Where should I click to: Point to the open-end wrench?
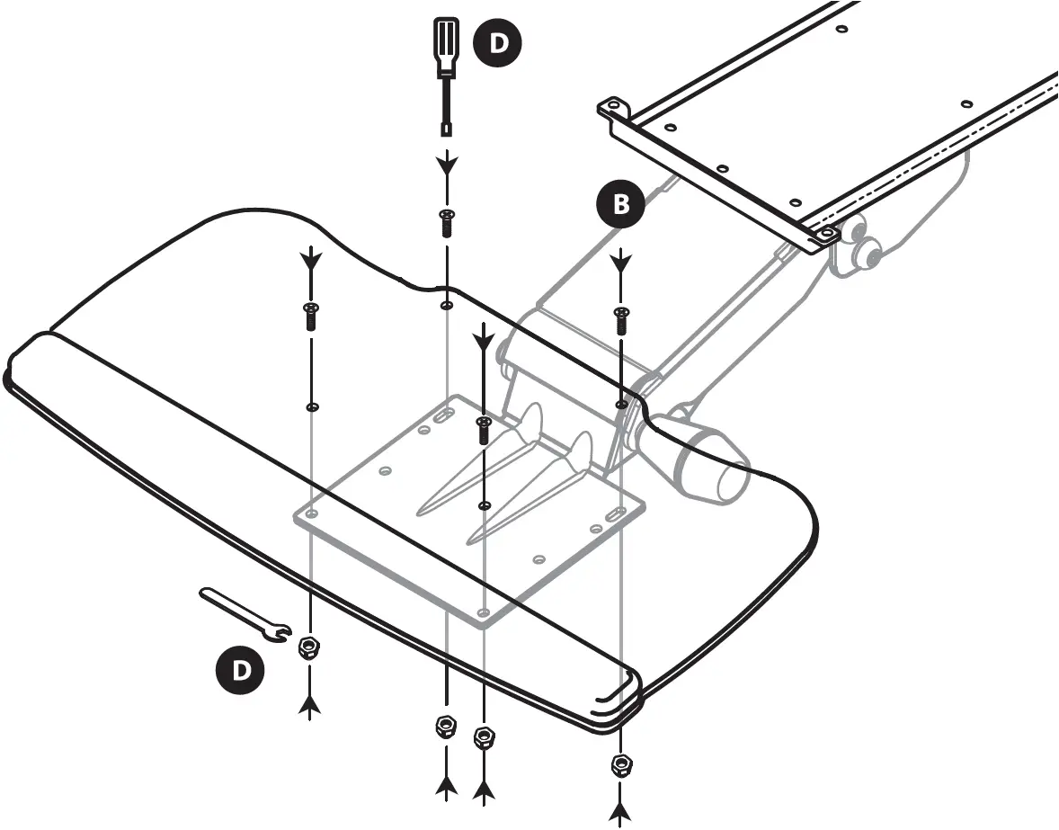[x=243, y=616]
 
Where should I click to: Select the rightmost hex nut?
[x=620, y=764]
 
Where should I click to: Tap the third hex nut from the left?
[x=485, y=737]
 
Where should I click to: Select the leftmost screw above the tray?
[x=310, y=317]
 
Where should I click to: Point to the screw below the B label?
[x=620, y=319]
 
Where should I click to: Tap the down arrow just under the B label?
[x=620, y=263]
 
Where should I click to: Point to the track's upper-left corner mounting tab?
[x=611, y=109]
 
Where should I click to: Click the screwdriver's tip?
[x=446, y=129]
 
